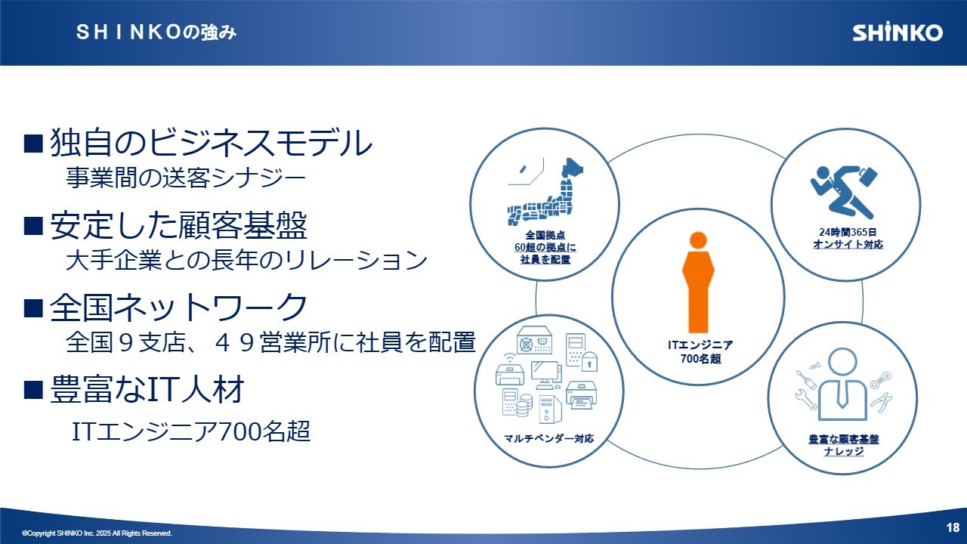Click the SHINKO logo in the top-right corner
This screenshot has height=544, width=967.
click(x=897, y=32)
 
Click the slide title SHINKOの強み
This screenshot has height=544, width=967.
click(x=156, y=32)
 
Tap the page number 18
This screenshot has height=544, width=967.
click(x=953, y=527)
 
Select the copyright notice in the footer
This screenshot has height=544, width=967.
click(x=97, y=533)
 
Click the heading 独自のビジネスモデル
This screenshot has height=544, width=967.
click(x=211, y=143)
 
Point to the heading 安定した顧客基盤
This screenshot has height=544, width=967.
click(x=178, y=225)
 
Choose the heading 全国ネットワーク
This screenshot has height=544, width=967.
click(x=178, y=307)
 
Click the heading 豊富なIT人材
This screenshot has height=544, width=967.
click(x=147, y=389)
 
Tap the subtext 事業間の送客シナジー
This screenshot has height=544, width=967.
click(x=186, y=178)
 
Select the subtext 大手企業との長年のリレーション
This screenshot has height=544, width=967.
click(x=246, y=260)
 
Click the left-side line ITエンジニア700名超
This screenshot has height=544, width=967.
click(x=191, y=431)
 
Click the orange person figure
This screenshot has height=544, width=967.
click(x=698, y=283)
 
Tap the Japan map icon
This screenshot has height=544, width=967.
click(x=545, y=191)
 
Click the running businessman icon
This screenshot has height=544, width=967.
click(x=844, y=192)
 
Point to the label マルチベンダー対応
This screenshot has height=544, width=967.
click(x=548, y=439)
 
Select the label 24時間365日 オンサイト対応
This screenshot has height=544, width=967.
click(x=848, y=238)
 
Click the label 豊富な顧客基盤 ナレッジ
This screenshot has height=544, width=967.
click(x=844, y=445)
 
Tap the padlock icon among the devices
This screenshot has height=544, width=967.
click(x=589, y=361)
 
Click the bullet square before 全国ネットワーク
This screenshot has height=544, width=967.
click(x=33, y=308)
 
